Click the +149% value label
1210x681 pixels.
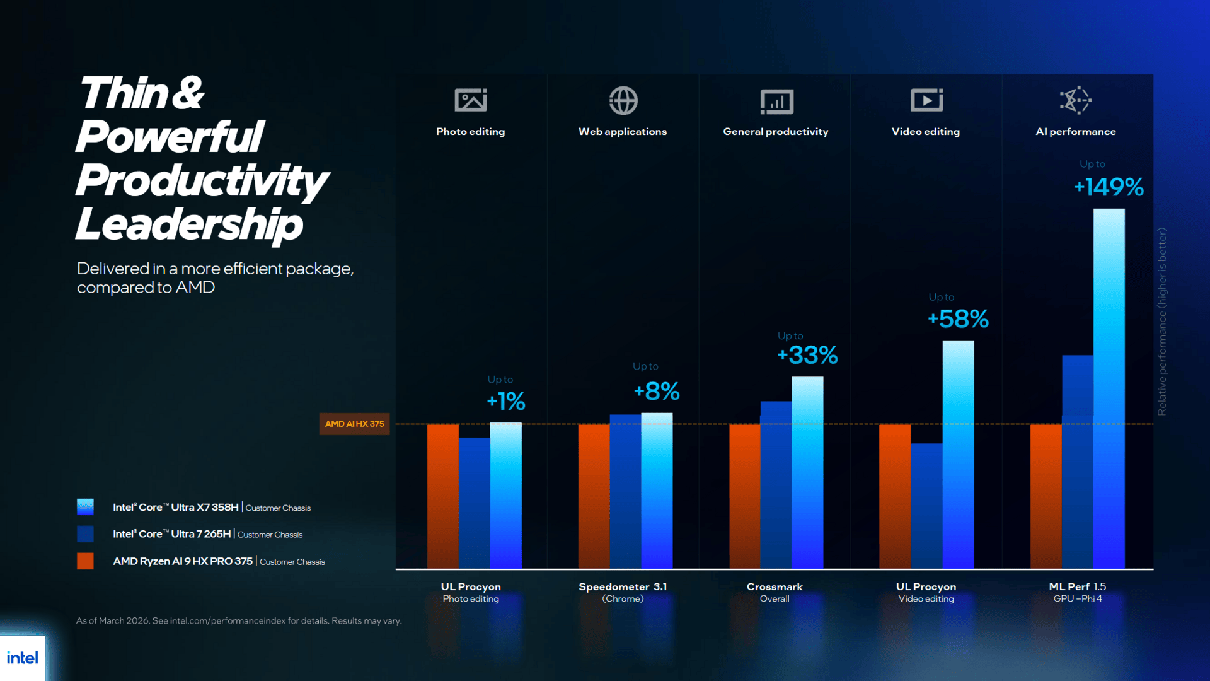[x=1109, y=187]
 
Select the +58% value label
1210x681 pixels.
[x=958, y=319]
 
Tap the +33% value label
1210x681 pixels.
[x=807, y=356]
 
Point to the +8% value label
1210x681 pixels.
[x=657, y=392]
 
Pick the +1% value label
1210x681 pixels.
[x=506, y=402]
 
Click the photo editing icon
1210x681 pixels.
[x=471, y=100]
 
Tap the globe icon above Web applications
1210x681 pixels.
[x=623, y=100]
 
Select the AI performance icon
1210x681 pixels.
[x=1075, y=100]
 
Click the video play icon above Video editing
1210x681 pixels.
[x=926, y=100]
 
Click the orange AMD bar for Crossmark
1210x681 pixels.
[x=745, y=496]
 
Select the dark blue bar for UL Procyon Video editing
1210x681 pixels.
[x=926, y=506]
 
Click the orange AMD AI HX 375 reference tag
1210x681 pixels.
[x=354, y=424]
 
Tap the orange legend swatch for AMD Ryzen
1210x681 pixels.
[x=85, y=561]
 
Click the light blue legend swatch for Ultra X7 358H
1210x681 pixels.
[x=85, y=507]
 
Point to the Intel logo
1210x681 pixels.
[x=23, y=658]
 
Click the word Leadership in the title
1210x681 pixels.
[x=189, y=224]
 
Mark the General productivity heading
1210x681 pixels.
[x=776, y=132]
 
